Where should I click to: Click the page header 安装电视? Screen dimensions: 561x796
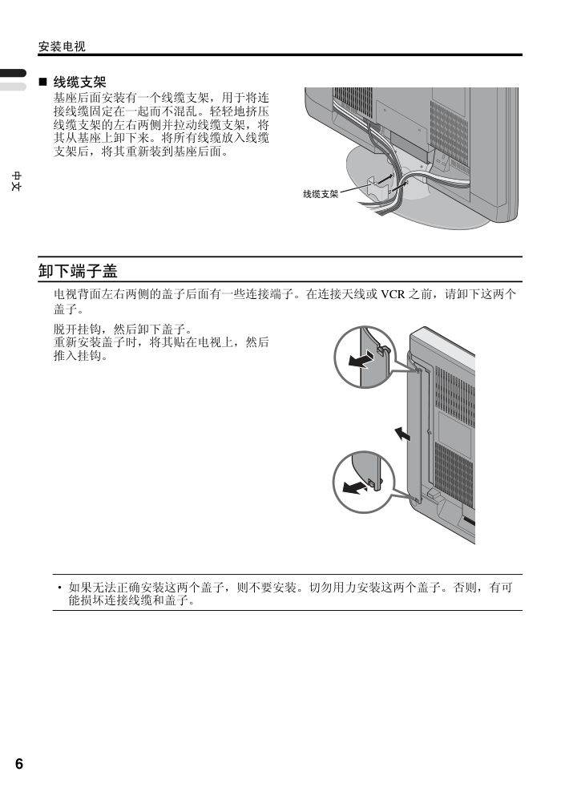click(x=62, y=46)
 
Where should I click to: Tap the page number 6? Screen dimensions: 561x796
click(x=18, y=763)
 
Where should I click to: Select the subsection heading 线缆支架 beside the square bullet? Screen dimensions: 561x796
click(x=79, y=82)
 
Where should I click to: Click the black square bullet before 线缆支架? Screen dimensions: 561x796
click(x=42, y=82)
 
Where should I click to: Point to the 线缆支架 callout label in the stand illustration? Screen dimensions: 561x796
click(x=321, y=194)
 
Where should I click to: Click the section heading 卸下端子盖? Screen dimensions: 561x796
click(x=78, y=271)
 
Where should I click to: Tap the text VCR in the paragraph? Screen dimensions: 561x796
click(x=393, y=294)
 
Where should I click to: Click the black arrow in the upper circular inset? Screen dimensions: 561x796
click(x=361, y=361)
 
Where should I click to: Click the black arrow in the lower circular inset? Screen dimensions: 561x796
click(x=355, y=487)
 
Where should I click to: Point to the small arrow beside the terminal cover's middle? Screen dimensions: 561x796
click(x=402, y=434)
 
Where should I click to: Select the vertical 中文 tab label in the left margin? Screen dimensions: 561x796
click(x=17, y=181)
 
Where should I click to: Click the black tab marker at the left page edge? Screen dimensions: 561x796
click(x=13, y=73)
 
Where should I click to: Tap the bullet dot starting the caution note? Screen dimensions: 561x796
click(x=59, y=588)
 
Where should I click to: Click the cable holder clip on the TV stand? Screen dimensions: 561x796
click(x=376, y=188)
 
